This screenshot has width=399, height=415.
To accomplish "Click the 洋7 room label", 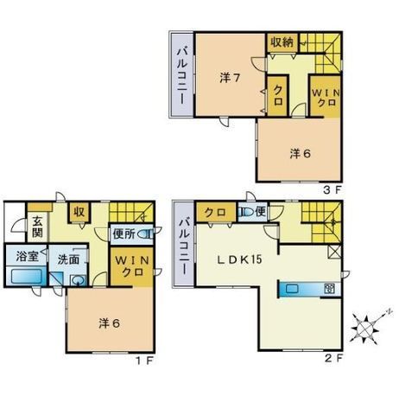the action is click(230, 78).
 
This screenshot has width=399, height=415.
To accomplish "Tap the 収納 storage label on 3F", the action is click(282, 42).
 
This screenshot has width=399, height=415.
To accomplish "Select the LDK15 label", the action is click(239, 259).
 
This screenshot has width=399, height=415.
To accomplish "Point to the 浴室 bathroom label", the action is click(27, 256).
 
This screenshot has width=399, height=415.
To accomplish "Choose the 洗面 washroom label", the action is click(68, 259).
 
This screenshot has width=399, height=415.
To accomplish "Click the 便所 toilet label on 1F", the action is click(123, 234).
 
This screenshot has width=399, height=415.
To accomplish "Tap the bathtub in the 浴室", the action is click(27, 276).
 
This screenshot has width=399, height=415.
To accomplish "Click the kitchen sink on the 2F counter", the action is click(293, 289).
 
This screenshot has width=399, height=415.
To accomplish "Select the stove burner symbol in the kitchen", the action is click(329, 289).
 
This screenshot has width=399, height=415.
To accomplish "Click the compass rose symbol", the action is click(365, 329).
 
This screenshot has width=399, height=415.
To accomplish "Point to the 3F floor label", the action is click(332, 190).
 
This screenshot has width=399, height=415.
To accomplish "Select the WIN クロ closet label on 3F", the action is click(326, 98).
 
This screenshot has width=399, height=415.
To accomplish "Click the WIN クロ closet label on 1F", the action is click(132, 266).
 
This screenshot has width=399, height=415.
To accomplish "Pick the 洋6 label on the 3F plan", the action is click(301, 154).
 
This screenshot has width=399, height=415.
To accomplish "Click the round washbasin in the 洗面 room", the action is click(78, 280).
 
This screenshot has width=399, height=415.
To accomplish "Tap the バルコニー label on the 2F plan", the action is click(185, 246).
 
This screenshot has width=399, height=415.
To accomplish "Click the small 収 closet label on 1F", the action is click(79, 212).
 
